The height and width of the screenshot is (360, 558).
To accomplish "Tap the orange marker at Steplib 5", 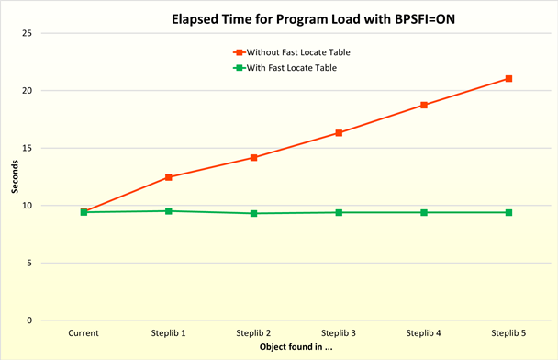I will point(508,79).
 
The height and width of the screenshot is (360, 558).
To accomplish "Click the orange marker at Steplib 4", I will point(424,105).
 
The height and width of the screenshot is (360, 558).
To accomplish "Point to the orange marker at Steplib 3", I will point(339,133).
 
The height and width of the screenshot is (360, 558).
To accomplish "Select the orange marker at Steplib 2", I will point(253,158).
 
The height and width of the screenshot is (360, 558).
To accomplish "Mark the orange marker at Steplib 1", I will point(169,177).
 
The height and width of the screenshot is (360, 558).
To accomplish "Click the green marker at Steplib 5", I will point(508,212).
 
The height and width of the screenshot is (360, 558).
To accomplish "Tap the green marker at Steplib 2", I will point(253,213).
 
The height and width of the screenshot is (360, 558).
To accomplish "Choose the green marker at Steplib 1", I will point(169,211).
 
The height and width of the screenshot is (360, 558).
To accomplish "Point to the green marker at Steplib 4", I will point(424,212).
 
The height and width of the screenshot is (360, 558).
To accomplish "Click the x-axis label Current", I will point(84,332).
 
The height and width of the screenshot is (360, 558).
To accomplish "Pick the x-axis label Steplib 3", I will point(339,332).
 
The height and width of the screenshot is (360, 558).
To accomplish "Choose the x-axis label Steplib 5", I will point(508,332).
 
